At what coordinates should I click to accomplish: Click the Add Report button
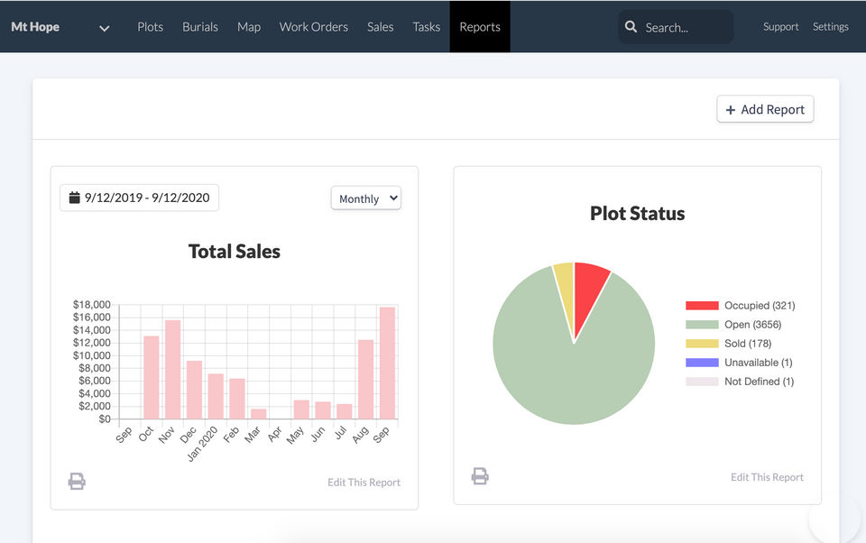click(765, 109)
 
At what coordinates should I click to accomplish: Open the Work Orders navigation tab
click(313, 27)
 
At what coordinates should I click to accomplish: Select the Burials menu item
click(200, 27)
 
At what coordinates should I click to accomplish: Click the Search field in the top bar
click(677, 27)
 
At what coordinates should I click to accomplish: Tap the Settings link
click(830, 27)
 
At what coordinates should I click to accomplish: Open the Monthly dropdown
click(365, 198)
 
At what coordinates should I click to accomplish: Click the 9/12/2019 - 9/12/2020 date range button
click(139, 198)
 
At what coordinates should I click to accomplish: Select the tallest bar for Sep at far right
click(387, 364)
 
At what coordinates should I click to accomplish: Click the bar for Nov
click(172, 370)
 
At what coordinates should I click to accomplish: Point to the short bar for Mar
click(258, 414)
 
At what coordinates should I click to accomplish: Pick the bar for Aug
click(365, 379)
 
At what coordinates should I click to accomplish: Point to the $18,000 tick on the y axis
click(91, 305)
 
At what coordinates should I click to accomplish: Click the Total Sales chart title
click(234, 252)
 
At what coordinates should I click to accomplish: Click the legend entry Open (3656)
click(751, 325)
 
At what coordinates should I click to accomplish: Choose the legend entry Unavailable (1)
click(758, 363)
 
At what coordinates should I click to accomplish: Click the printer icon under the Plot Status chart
click(480, 475)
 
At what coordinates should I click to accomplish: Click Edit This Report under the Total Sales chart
click(364, 483)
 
